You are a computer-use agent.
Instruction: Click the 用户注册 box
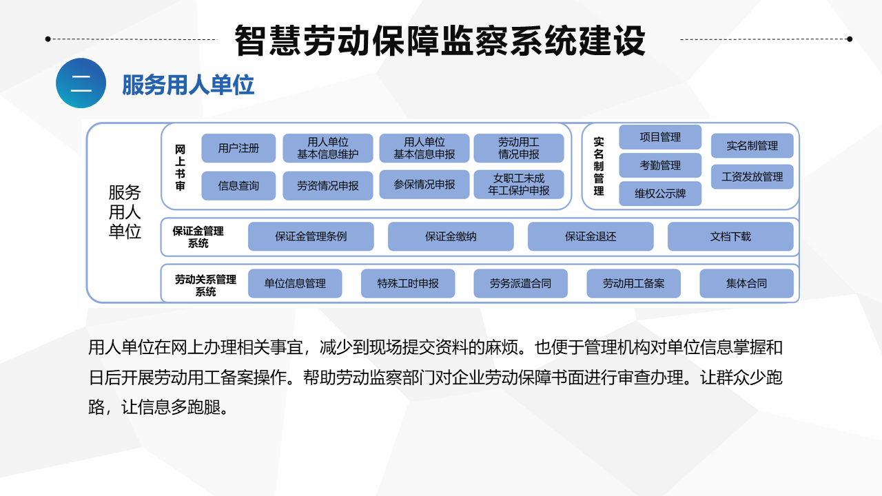point(238,148)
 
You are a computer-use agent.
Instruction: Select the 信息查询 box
point(238,185)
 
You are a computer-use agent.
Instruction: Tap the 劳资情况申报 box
point(327,185)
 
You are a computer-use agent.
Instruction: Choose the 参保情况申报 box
point(424,184)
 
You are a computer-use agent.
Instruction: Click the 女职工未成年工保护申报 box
point(519,184)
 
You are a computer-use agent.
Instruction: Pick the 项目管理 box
point(660,137)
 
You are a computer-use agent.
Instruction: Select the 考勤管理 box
point(660,165)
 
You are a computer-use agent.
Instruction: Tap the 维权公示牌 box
point(660,194)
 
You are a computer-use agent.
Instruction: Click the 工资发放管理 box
point(752,177)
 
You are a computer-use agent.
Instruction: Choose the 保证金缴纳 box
point(451,236)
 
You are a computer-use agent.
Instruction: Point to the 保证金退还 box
point(591,236)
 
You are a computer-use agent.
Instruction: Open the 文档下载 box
point(730,236)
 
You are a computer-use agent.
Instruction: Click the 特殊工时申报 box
point(408,283)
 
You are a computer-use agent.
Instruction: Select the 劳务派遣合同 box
point(520,283)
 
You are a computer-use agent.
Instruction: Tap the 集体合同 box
point(746,283)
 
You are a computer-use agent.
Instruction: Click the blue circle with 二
point(81,83)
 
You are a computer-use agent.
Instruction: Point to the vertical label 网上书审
point(180,167)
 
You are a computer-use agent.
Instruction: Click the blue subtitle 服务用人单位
point(188,85)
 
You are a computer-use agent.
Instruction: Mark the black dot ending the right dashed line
point(850,39)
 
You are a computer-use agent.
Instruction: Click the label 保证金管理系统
point(198,236)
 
